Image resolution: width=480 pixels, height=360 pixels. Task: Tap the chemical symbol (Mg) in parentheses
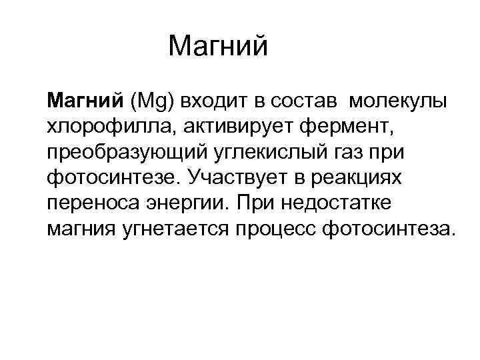[x=153, y=101]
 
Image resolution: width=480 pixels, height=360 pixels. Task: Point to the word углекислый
[x=258, y=153]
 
